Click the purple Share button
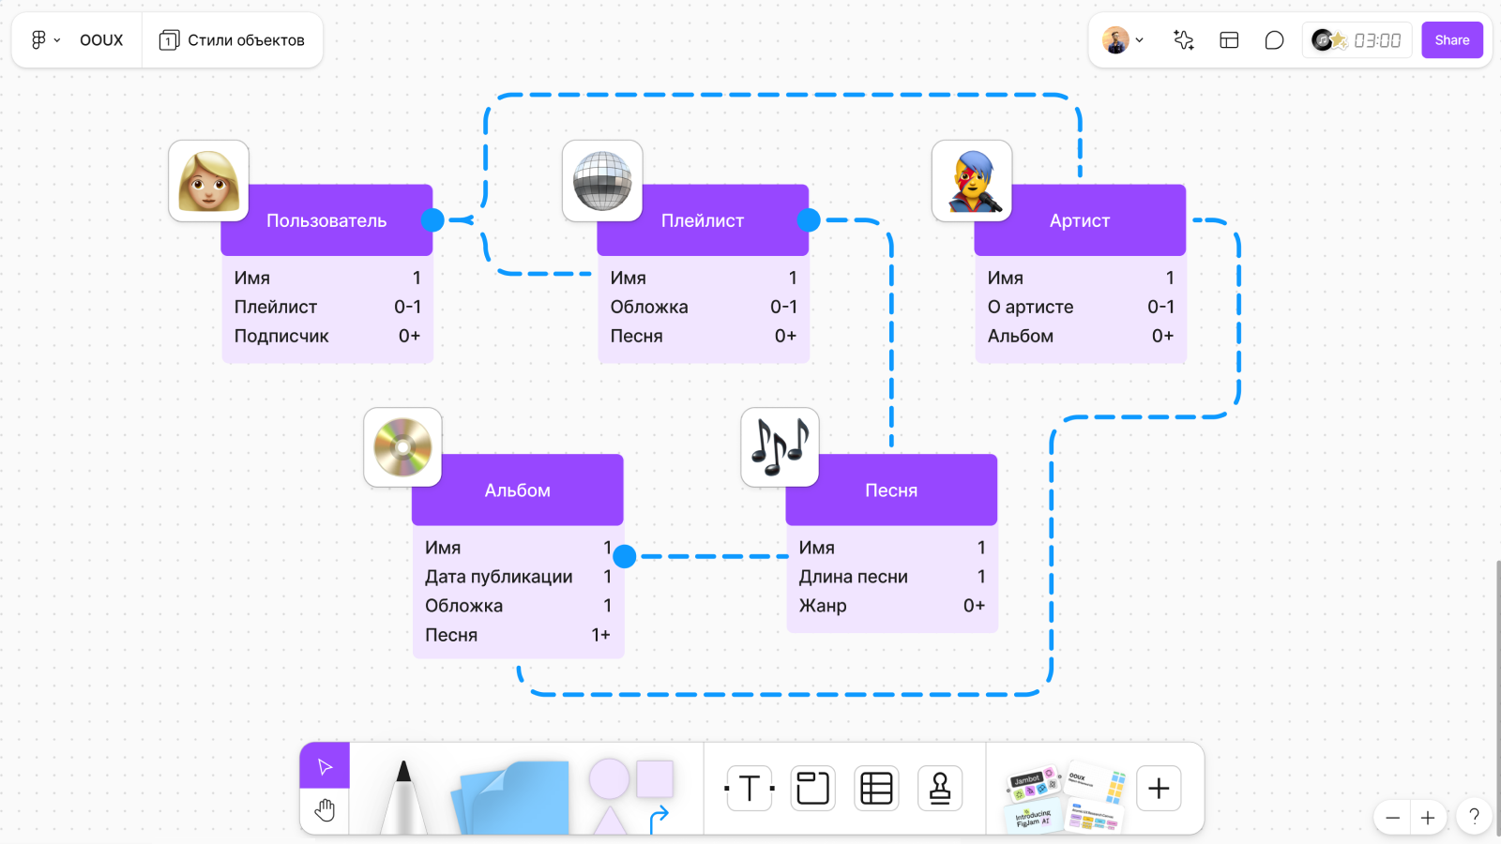[1451, 40]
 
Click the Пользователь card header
[326, 220]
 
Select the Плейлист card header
[703, 220]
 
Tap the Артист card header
[1080, 220]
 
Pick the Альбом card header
[518, 490]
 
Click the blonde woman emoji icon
[208, 181]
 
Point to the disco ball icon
[602, 181]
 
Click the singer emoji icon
[972, 181]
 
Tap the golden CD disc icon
[402, 447]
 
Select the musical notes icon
[780, 447]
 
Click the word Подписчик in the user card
[281, 336]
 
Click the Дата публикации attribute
[498, 577]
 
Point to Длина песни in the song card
[853, 577]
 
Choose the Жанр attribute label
[823, 606]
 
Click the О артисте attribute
[1030, 307]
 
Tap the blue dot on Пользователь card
[432, 220]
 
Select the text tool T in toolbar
[750, 788]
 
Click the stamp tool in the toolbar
[940, 788]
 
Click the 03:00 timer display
[1376, 40]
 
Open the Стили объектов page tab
[233, 40]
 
